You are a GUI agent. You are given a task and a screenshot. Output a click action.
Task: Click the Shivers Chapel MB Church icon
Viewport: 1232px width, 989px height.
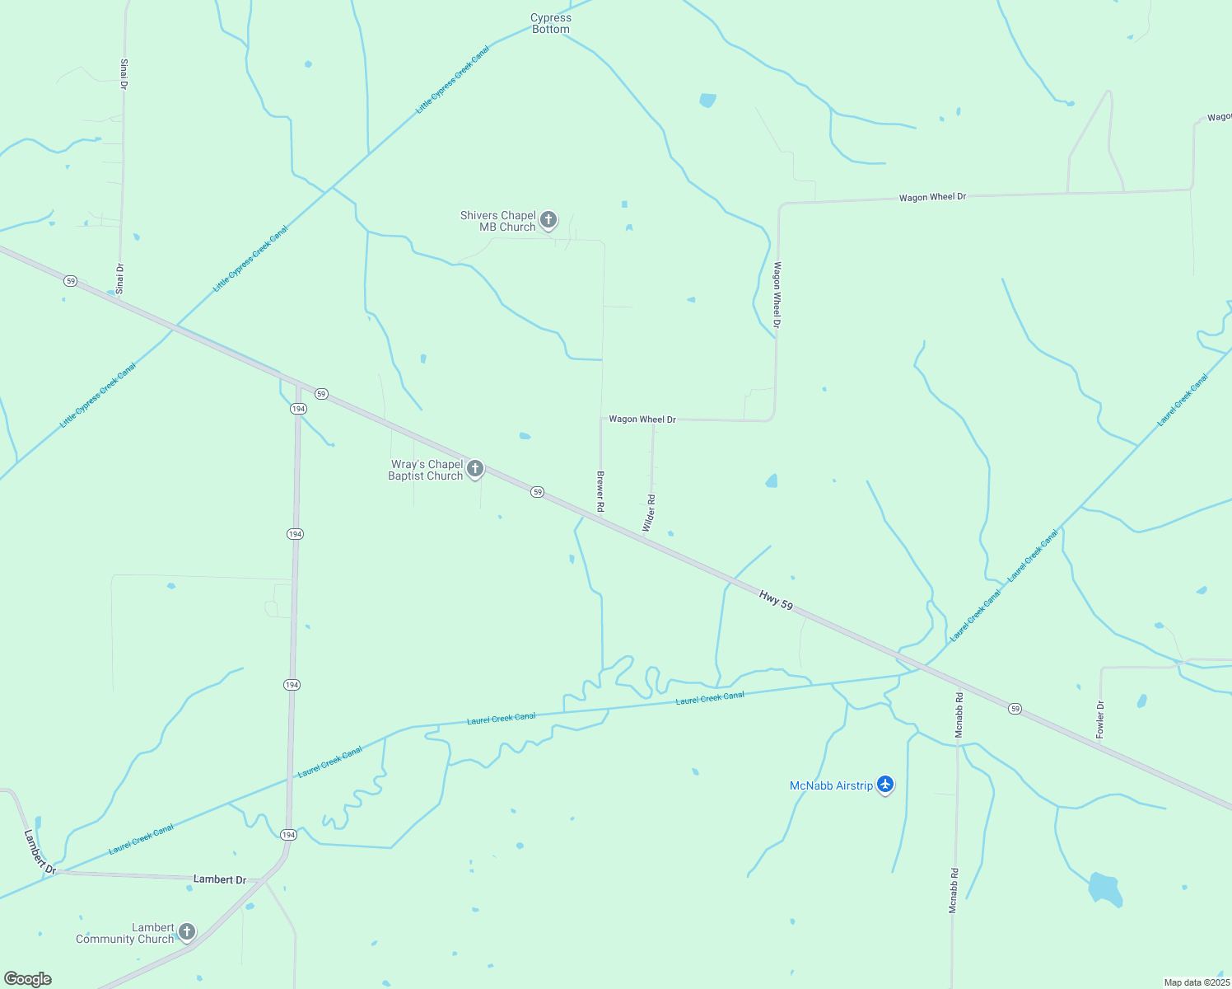[x=548, y=220]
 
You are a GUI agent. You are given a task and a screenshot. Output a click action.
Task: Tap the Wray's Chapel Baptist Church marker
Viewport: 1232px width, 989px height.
[x=474, y=469]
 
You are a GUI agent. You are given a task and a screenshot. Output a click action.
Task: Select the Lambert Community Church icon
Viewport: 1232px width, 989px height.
[x=187, y=932]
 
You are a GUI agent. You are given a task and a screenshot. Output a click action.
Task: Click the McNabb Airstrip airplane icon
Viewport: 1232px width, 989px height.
[x=885, y=784]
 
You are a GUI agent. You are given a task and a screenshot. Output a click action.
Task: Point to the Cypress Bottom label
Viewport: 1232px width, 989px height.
[x=550, y=23]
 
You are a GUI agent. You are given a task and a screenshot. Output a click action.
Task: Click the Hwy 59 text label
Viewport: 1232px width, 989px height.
[x=776, y=600]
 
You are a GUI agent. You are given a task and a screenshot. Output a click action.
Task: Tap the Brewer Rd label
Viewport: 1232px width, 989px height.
[x=600, y=491]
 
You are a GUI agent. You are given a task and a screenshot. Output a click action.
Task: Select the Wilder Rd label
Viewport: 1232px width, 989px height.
[x=650, y=513]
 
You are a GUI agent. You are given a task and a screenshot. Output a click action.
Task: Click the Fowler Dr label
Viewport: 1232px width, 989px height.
[x=1099, y=719]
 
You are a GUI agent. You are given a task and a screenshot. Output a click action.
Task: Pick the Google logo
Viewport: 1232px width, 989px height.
[x=27, y=979]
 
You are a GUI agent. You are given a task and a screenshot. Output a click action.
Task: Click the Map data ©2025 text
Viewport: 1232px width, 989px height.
[x=1196, y=982]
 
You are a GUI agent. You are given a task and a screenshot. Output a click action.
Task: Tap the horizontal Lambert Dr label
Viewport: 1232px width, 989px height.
[x=219, y=879]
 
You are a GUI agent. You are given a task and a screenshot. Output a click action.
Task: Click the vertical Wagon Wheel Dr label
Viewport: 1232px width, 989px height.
[x=777, y=295]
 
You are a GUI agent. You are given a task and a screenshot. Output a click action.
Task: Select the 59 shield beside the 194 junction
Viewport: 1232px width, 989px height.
[x=321, y=394]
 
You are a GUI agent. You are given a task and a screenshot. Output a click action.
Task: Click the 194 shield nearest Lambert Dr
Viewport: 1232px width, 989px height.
[x=288, y=835]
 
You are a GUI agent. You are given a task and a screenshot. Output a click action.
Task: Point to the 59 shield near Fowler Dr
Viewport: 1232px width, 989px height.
[x=1015, y=709]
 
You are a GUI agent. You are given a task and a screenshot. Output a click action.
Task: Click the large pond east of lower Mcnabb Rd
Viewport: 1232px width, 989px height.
[x=1104, y=889]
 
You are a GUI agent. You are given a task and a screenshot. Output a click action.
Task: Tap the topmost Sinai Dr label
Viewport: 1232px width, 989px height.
[x=124, y=73]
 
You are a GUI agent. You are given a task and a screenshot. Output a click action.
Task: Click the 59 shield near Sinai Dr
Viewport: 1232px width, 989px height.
[x=71, y=281]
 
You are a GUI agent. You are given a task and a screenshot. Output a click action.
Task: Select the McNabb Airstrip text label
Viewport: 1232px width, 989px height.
[x=831, y=785]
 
